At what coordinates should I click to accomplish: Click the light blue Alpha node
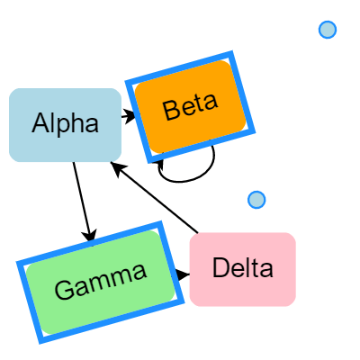point(65,125)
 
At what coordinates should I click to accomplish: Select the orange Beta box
point(191,102)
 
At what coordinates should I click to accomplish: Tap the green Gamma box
point(101,282)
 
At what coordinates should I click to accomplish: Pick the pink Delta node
point(242,268)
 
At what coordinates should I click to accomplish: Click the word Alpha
point(65,124)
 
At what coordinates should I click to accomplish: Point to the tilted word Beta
point(191,107)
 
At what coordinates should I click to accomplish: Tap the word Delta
point(242,268)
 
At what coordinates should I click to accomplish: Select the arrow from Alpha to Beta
point(127,115)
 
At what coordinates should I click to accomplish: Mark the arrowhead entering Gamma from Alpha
point(89,237)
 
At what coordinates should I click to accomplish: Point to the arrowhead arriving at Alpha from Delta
point(114,165)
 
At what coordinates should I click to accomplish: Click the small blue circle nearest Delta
point(256,199)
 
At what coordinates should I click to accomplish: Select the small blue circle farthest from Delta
point(328,30)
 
